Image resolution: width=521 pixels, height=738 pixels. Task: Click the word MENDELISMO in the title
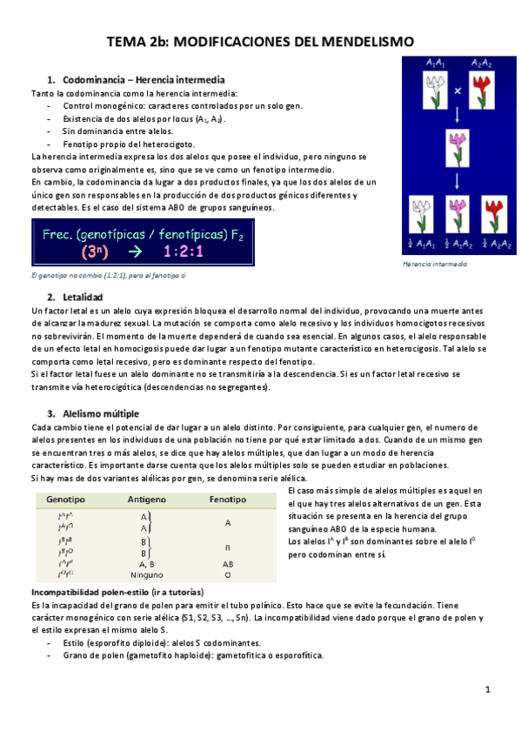coord(364,41)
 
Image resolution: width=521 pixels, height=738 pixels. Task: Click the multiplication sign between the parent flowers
coord(457,90)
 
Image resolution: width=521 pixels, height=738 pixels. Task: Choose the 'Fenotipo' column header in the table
coord(227,500)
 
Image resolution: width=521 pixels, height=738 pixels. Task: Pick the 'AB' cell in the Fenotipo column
coord(227,563)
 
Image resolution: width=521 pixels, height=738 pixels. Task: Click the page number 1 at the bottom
coord(489,689)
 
